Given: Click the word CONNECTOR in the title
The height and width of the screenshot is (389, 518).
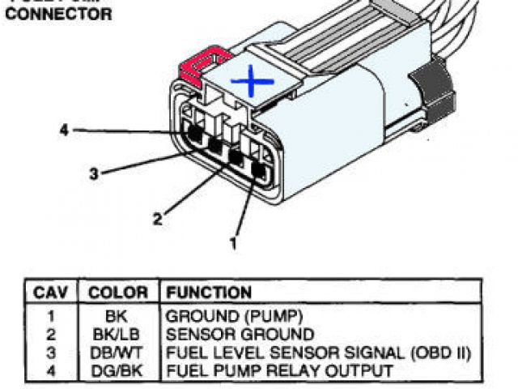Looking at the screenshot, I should point(59,15).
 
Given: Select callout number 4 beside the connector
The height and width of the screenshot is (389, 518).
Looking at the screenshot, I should point(65,129).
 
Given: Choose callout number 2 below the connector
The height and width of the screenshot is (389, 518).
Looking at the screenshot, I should point(158,217).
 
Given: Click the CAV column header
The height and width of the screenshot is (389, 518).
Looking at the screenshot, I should point(51,293).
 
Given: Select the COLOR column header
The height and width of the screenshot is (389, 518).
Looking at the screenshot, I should point(118,293).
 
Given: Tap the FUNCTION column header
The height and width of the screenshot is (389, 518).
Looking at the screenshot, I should point(209,293).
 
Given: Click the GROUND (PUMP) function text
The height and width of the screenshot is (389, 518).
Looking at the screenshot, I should point(223,317).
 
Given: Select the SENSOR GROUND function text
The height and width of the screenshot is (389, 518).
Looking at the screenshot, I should point(240,335).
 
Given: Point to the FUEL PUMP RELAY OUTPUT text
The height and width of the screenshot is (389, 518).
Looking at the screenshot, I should point(279,370).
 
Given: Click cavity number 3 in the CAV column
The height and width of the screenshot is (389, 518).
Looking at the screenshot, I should point(50,353).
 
